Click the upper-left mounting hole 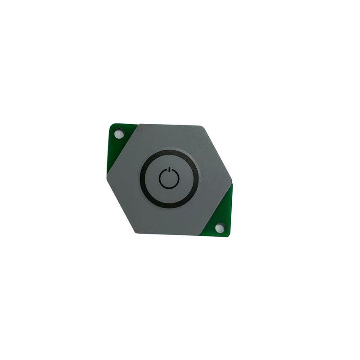click(118, 134)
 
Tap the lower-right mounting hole click(220, 228)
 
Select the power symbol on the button click(169, 179)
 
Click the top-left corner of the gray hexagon click(140, 124)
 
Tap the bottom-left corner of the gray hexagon click(136, 232)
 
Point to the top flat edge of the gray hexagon click(170, 125)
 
